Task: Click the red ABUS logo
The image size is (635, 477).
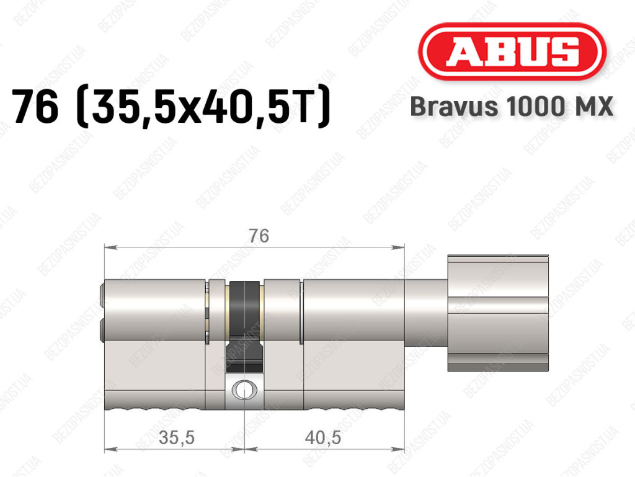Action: point(512,51)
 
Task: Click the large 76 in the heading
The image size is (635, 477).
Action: point(35,106)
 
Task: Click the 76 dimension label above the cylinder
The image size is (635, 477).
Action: point(259,236)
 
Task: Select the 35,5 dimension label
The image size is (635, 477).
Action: point(177,438)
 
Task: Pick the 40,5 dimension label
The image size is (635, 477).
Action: point(322,438)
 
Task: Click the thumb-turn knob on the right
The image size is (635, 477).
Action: point(498,313)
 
